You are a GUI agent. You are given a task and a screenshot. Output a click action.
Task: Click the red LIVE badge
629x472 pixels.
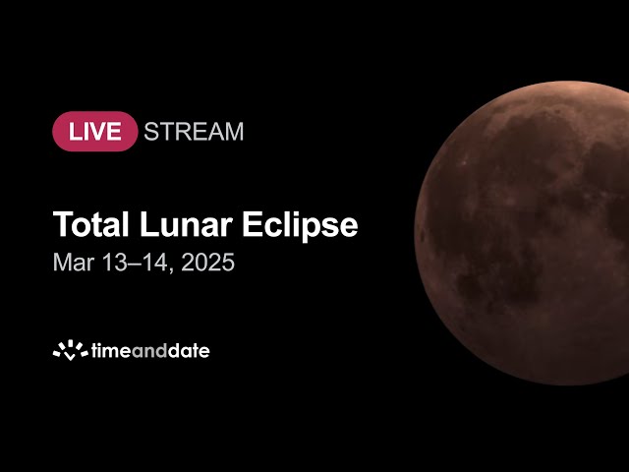click(95, 131)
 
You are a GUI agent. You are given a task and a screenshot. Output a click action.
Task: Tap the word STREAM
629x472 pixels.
click(194, 132)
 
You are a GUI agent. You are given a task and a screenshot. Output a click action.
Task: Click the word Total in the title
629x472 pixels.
click(91, 224)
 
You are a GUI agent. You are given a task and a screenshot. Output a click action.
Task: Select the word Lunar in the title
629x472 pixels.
click(186, 224)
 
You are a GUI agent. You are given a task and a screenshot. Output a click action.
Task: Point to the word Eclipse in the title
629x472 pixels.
click(300, 225)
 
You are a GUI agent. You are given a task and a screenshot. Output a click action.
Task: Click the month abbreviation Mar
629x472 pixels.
click(74, 263)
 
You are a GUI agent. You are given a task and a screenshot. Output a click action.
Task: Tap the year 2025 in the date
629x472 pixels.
click(207, 263)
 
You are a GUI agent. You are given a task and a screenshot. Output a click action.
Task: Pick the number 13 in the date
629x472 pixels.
click(114, 263)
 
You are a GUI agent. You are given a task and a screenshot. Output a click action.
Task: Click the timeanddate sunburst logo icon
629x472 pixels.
click(70, 350)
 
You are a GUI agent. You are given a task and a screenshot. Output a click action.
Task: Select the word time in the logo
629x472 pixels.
click(111, 351)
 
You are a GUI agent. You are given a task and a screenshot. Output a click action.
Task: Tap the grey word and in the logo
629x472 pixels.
click(149, 351)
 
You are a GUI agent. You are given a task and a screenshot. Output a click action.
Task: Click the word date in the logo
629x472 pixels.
click(189, 351)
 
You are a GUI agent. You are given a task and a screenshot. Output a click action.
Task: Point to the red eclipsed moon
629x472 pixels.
click(522, 233)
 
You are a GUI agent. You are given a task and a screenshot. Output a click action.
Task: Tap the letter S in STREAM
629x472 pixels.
click(151, 132)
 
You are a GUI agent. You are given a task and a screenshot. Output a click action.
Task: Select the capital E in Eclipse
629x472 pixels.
click(251, 224)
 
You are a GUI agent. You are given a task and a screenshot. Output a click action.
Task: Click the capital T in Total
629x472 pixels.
click(62, 224)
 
